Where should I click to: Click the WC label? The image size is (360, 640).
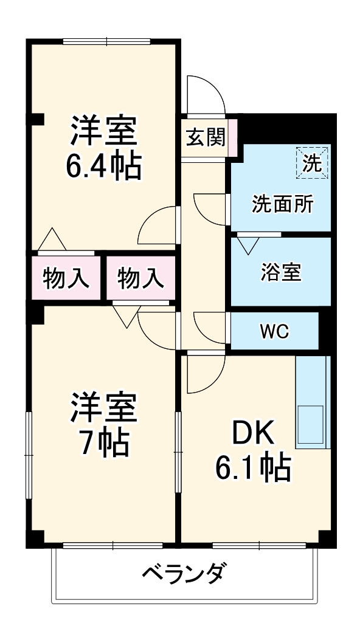coord(274,332)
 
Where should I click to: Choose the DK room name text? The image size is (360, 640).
coord(251,434)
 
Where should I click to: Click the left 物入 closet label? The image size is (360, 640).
coord(67,279)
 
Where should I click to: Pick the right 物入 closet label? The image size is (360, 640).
coord(140,279)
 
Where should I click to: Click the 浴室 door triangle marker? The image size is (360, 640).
coord(247,244)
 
